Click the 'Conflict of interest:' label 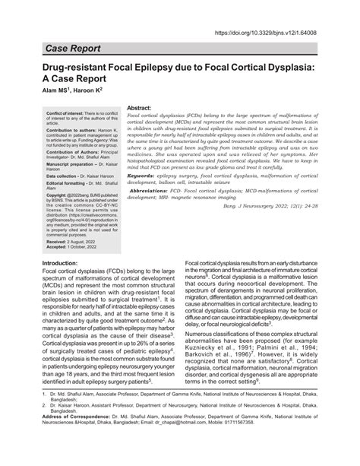tap(51, 112)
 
